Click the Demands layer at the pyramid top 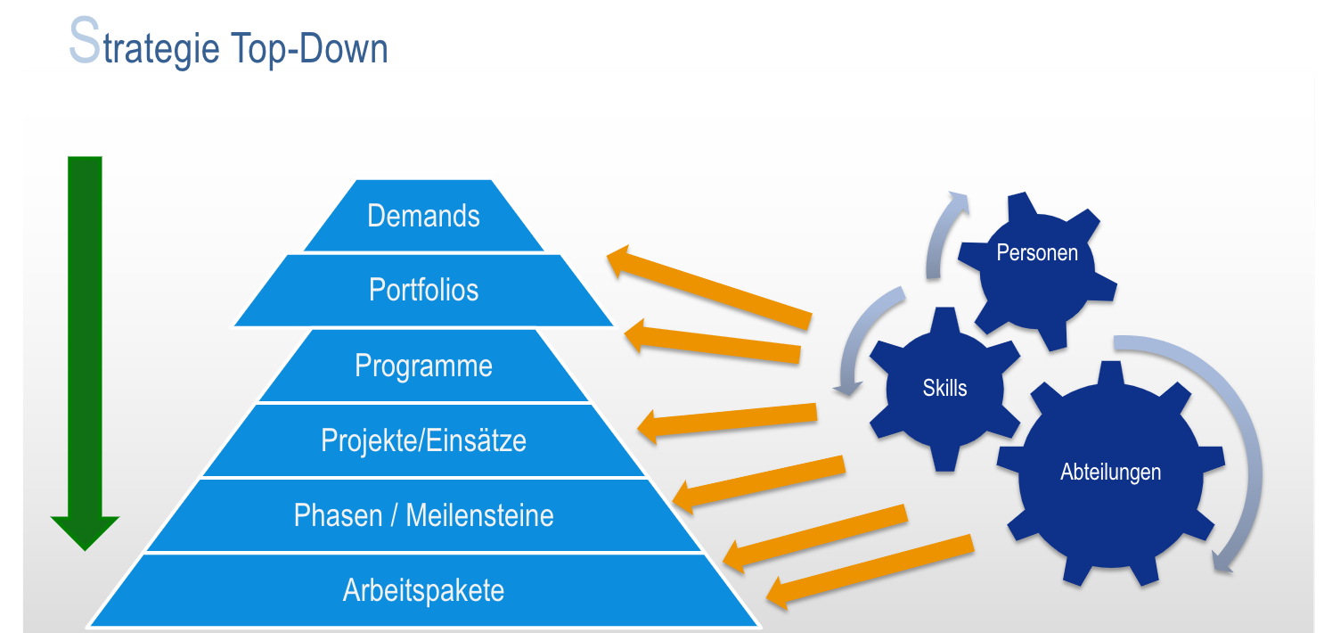[x=423, y=216]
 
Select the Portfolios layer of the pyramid [x=423, y=290]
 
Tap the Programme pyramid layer [x=423, y=366]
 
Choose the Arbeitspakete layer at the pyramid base [x=423, y=590]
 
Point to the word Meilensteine [x=479, y=515]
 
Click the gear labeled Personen [x=1037, y=267]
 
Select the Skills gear [x=944, y=388]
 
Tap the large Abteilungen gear [x=1110, y=473]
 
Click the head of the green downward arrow [x=85, y=530]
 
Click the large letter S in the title [x=84, y=43]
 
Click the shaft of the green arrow [x=85, y=330]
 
